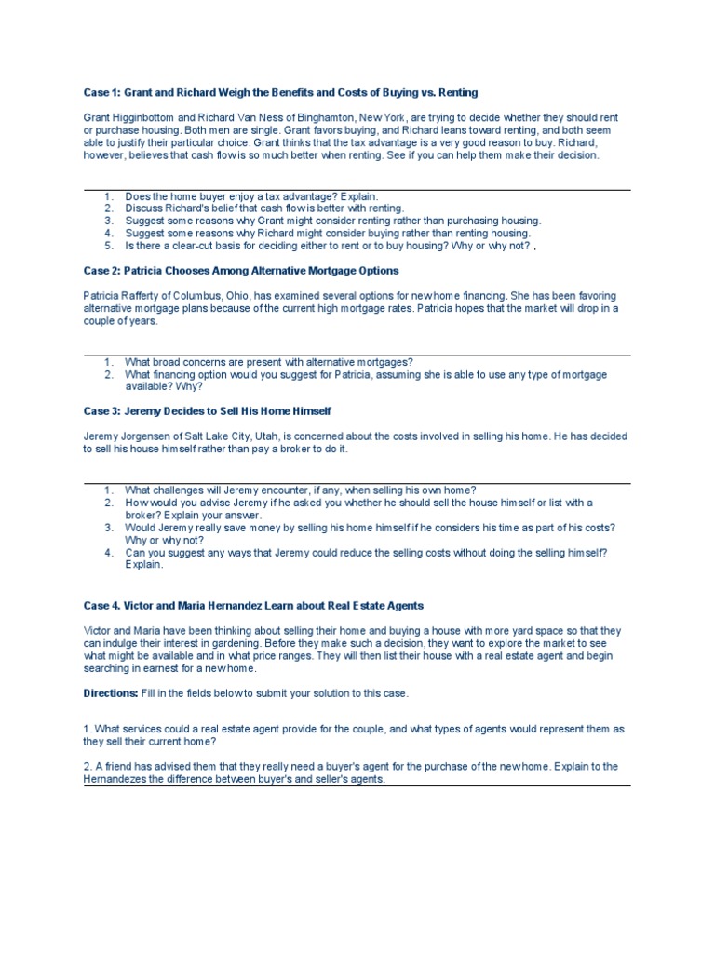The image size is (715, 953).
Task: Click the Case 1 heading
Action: (280, 92)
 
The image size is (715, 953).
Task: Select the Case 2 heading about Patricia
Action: (241, 270)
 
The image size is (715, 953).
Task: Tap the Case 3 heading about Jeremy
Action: (207, 410)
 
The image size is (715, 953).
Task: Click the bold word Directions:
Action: (111, 693)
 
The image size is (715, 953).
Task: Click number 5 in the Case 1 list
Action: (109, 245)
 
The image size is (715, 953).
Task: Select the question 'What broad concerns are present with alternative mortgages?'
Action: (269, 361)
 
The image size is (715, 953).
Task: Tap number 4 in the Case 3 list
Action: (109, 552)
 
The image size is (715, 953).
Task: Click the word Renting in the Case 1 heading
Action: (456, 92)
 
